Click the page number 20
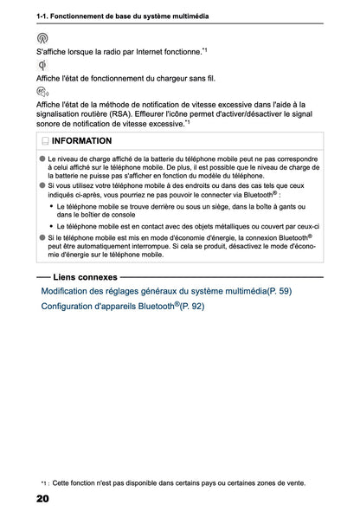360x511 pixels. [x=42, y=499]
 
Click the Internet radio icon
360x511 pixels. [x=42, y=39]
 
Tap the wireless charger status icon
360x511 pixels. [x=42, y=65]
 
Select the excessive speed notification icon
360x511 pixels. [x=42, y=91]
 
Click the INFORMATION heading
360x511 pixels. [x=81, y=140]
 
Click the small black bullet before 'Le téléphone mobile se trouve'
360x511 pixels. [x=52, y=207]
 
